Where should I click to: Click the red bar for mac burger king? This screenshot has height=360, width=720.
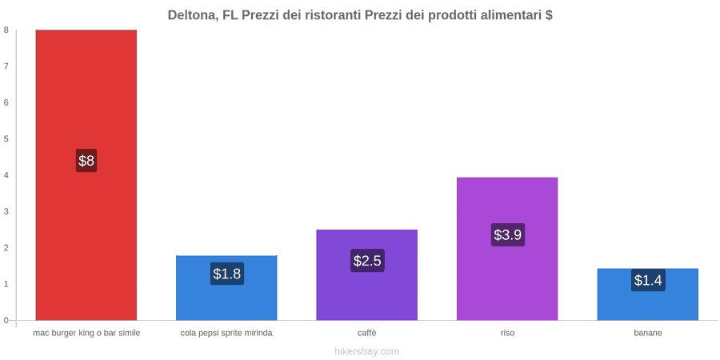(86, 175)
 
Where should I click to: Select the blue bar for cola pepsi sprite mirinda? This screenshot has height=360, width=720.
(226, 288)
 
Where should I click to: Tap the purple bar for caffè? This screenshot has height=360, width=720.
(367, 275)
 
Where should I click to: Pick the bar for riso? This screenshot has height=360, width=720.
(507, 249)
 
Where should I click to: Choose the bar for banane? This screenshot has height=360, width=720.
(647, 294)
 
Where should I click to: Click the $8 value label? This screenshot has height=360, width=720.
(86, 161)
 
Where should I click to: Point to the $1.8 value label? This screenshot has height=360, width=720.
(227, 274)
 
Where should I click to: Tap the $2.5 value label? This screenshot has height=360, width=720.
(367, 261)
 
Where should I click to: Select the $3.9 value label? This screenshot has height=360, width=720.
(507, 234)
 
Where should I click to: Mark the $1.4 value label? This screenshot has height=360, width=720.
(648, 280)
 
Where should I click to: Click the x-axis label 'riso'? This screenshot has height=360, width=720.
(507, 334)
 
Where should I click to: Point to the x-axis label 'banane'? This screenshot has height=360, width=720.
(648, 334)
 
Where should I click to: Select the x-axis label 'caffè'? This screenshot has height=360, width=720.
(367, 334)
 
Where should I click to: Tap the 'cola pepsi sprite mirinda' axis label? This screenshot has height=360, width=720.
(226, 334)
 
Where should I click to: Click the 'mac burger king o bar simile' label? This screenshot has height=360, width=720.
(86, 334)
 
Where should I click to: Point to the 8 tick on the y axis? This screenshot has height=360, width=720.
(6, 30)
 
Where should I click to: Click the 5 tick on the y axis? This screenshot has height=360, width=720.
(6, 139)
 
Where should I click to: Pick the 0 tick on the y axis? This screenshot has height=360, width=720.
(6, 321)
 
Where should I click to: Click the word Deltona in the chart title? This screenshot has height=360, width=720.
(192, 15)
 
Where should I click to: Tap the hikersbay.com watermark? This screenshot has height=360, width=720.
(367, 352)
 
